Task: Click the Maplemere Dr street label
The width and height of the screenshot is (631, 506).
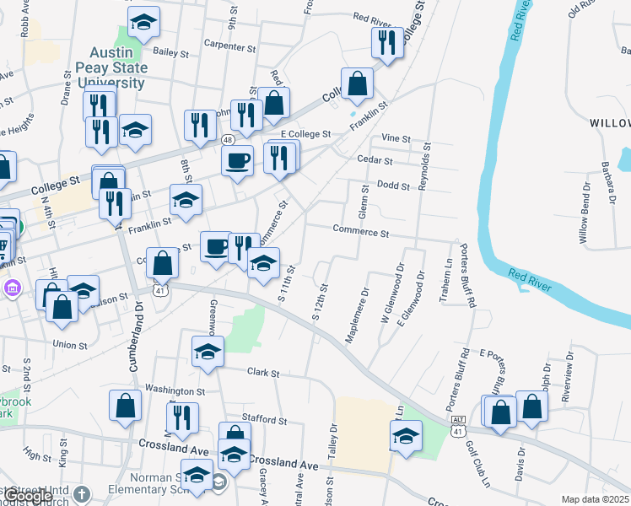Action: pyautogui.click(x=358, y=316)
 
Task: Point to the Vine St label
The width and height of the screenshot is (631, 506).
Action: pyautogui.click(x=395, y=138)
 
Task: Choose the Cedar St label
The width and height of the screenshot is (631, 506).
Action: pyautogui.click(x=375, y=160)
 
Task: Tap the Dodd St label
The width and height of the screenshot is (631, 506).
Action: pyautogui.click(x=392, y=186)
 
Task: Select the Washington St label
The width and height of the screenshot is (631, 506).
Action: pyautogui.click(x=175, y=391)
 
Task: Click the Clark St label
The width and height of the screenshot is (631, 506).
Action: pyautogui.click(x=262, y=372)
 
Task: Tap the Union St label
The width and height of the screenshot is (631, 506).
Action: pyautogui.click(x=70, y=345)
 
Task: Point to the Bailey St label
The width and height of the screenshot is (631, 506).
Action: pyautogui.click(x=170, y=52)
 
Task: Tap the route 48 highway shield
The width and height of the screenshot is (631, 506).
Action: pyautogui.click(x=229, y=138)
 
